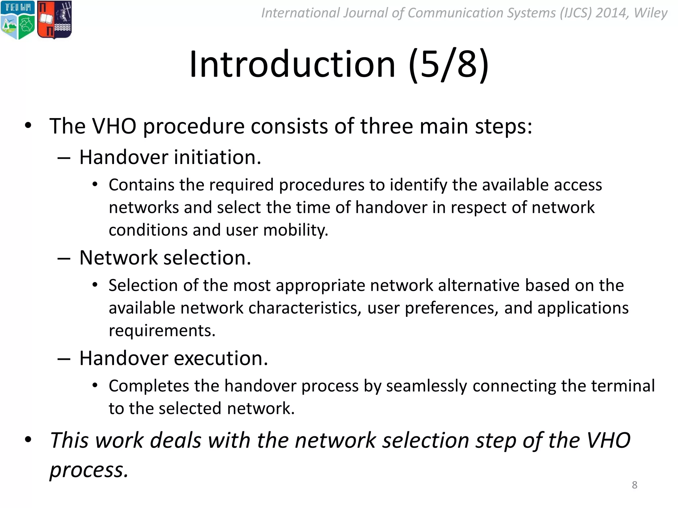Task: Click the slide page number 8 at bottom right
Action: [634, 485]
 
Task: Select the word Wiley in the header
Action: [650, 13]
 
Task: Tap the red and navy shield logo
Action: [54, 20]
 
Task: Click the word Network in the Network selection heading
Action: [119, 258]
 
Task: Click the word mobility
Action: [296, 230]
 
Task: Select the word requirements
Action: [162, 331]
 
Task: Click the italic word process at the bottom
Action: [89, 470]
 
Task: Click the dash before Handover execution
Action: [64, 359]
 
